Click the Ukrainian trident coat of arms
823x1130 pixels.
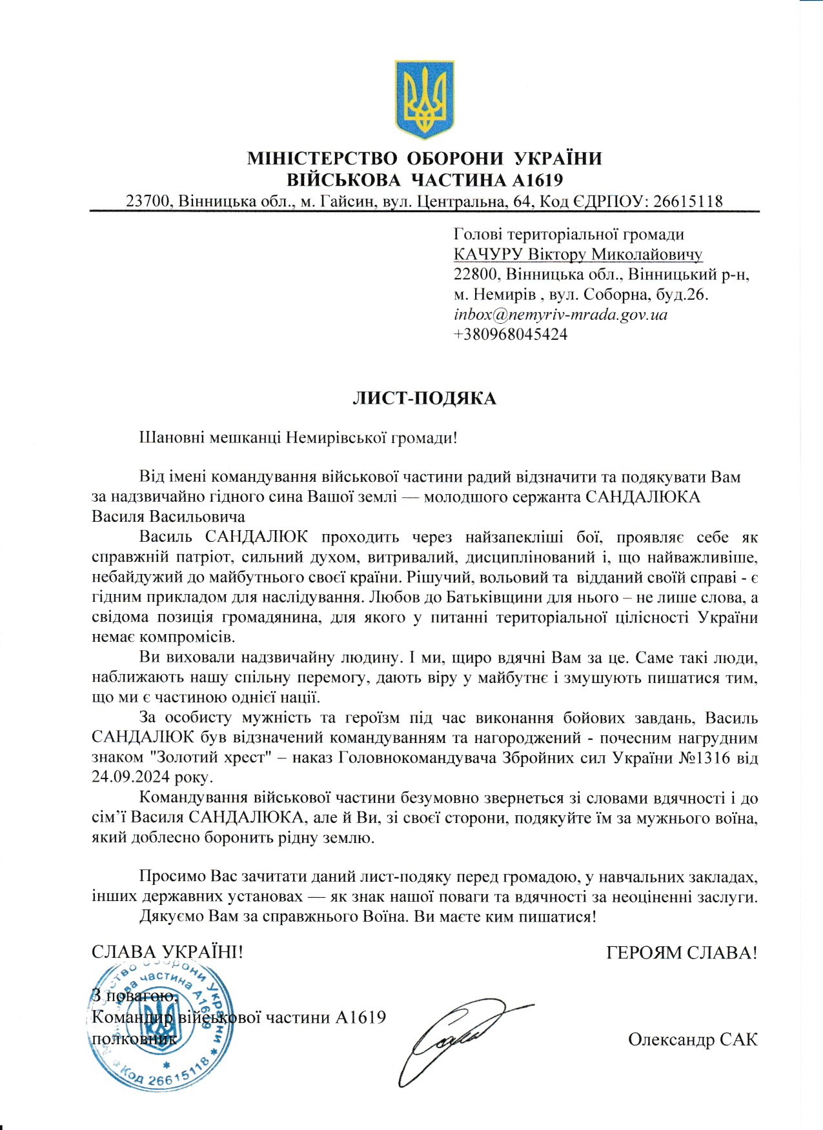[x=424, y=99]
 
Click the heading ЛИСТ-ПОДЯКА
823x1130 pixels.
[x=424, y=399]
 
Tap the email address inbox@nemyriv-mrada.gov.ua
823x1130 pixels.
[x=560, y=315]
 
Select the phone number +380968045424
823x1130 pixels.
[x=511, y=335]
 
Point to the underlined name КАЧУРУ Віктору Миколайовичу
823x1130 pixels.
[x=578, y=255]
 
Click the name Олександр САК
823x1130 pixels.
[x=693, y=1040]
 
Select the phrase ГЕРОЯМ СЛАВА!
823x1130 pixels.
[x=682, y=953]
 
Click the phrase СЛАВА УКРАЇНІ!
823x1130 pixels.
[x=167, y=953]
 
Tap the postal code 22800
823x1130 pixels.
[x=477, y=275]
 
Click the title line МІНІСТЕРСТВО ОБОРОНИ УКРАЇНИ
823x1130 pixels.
[x=424, y=159]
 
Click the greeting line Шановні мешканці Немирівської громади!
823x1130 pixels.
[x=298, y=438]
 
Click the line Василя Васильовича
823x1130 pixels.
[x=168, y=517]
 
